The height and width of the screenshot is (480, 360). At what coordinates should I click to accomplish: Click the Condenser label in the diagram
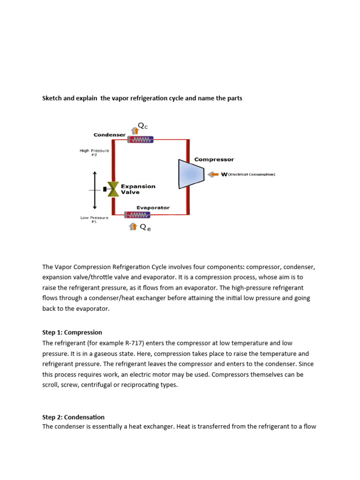point(109,135)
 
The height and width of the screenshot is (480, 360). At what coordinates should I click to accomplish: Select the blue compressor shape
point(191,174)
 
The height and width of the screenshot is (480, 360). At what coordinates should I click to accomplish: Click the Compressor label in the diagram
point(214,159)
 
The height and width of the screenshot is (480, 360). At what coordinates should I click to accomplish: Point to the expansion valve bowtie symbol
point(113,189)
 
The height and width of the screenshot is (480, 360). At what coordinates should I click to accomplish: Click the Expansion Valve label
point(138,189)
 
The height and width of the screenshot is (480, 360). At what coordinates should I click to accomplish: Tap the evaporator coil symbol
point(137,215)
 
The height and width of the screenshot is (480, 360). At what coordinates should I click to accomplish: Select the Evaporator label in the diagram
point(153,208)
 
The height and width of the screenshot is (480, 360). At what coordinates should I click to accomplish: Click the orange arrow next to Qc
point(135,130)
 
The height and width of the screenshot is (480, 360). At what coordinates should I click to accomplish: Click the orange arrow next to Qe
point(133,227)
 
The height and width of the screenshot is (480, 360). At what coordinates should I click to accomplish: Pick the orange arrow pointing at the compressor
point(213,174)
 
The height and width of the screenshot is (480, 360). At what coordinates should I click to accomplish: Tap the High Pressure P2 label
point(94,153)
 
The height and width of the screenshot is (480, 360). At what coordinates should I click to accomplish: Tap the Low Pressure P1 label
point(94,220)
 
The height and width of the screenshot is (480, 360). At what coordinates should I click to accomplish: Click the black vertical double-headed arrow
point(95,190)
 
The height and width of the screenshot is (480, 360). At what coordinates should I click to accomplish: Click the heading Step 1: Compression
point(72,332)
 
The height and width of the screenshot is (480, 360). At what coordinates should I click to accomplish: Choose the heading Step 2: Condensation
point(73,417)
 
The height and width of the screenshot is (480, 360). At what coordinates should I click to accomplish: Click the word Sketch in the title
point(53,98)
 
